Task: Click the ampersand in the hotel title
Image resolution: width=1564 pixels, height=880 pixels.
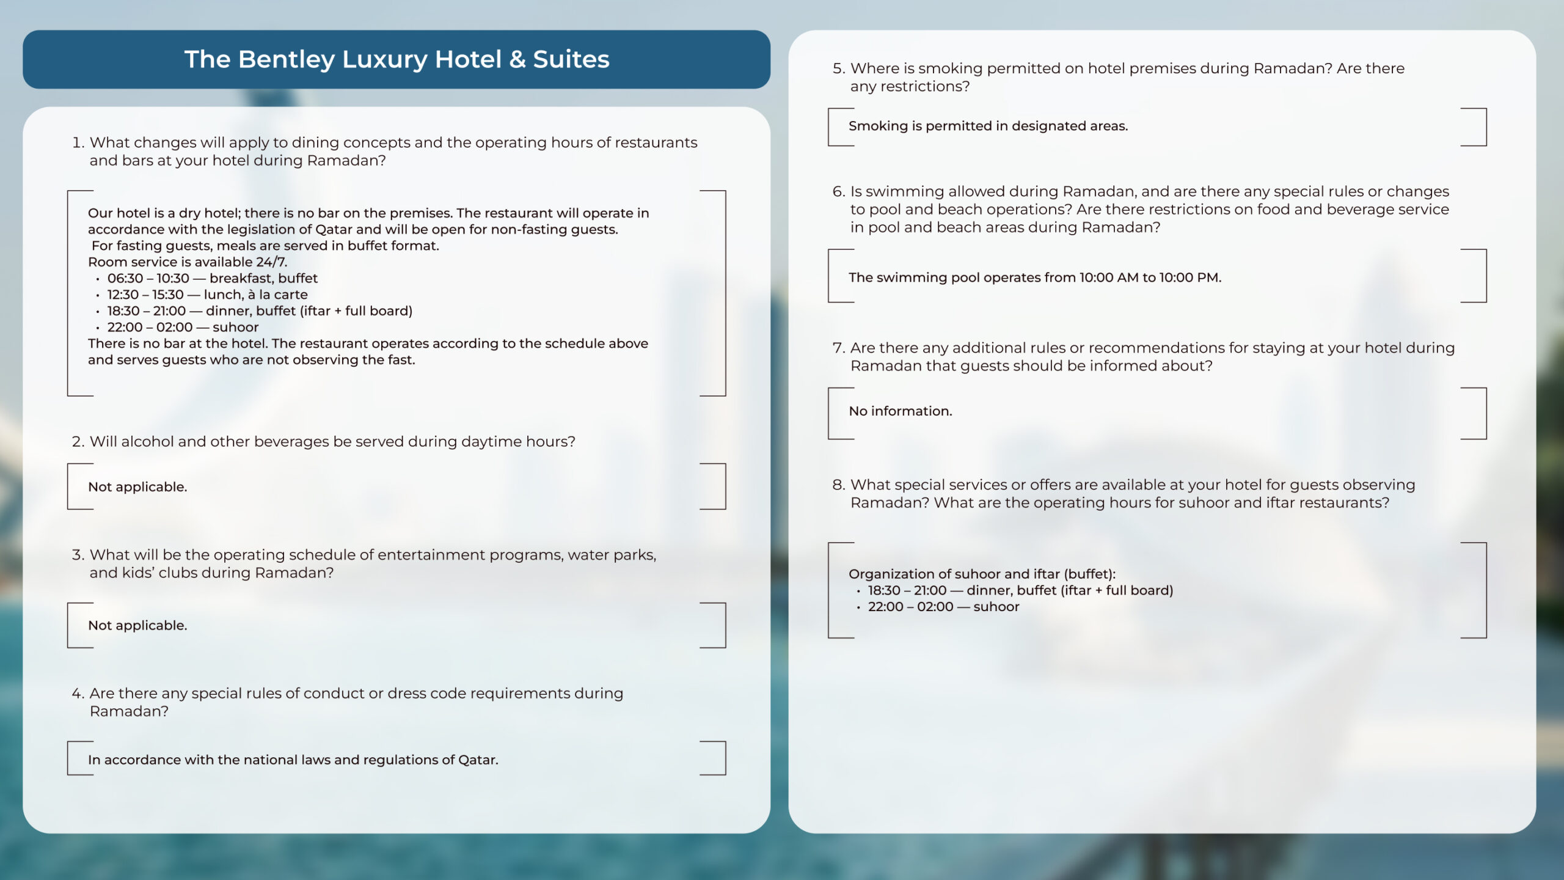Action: tap(517, 59)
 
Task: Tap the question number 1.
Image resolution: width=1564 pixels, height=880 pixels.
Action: tap(77, 142)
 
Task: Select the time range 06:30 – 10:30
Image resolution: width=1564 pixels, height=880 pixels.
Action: tap(148, 278)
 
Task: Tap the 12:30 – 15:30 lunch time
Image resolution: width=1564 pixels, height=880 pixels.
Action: tap(145, 295)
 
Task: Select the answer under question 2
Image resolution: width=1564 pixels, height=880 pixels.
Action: tap(137, 487)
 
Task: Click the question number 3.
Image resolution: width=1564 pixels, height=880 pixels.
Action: tap(77, 555)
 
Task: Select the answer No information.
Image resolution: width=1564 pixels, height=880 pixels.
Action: tap(900, 411)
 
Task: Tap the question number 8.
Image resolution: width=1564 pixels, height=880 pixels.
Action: tap(838, 485)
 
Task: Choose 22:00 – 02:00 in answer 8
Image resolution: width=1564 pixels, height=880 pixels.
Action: tap(910, 607)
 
